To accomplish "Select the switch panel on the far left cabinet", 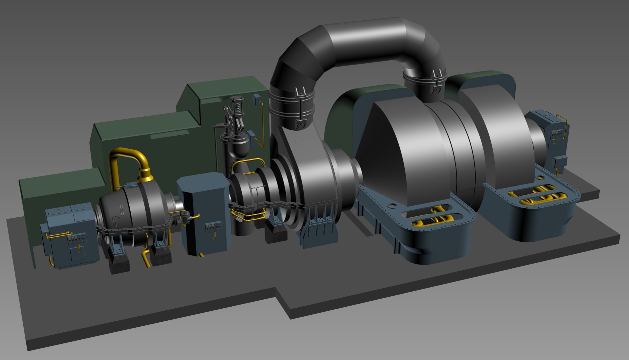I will click(x=76, y=239).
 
